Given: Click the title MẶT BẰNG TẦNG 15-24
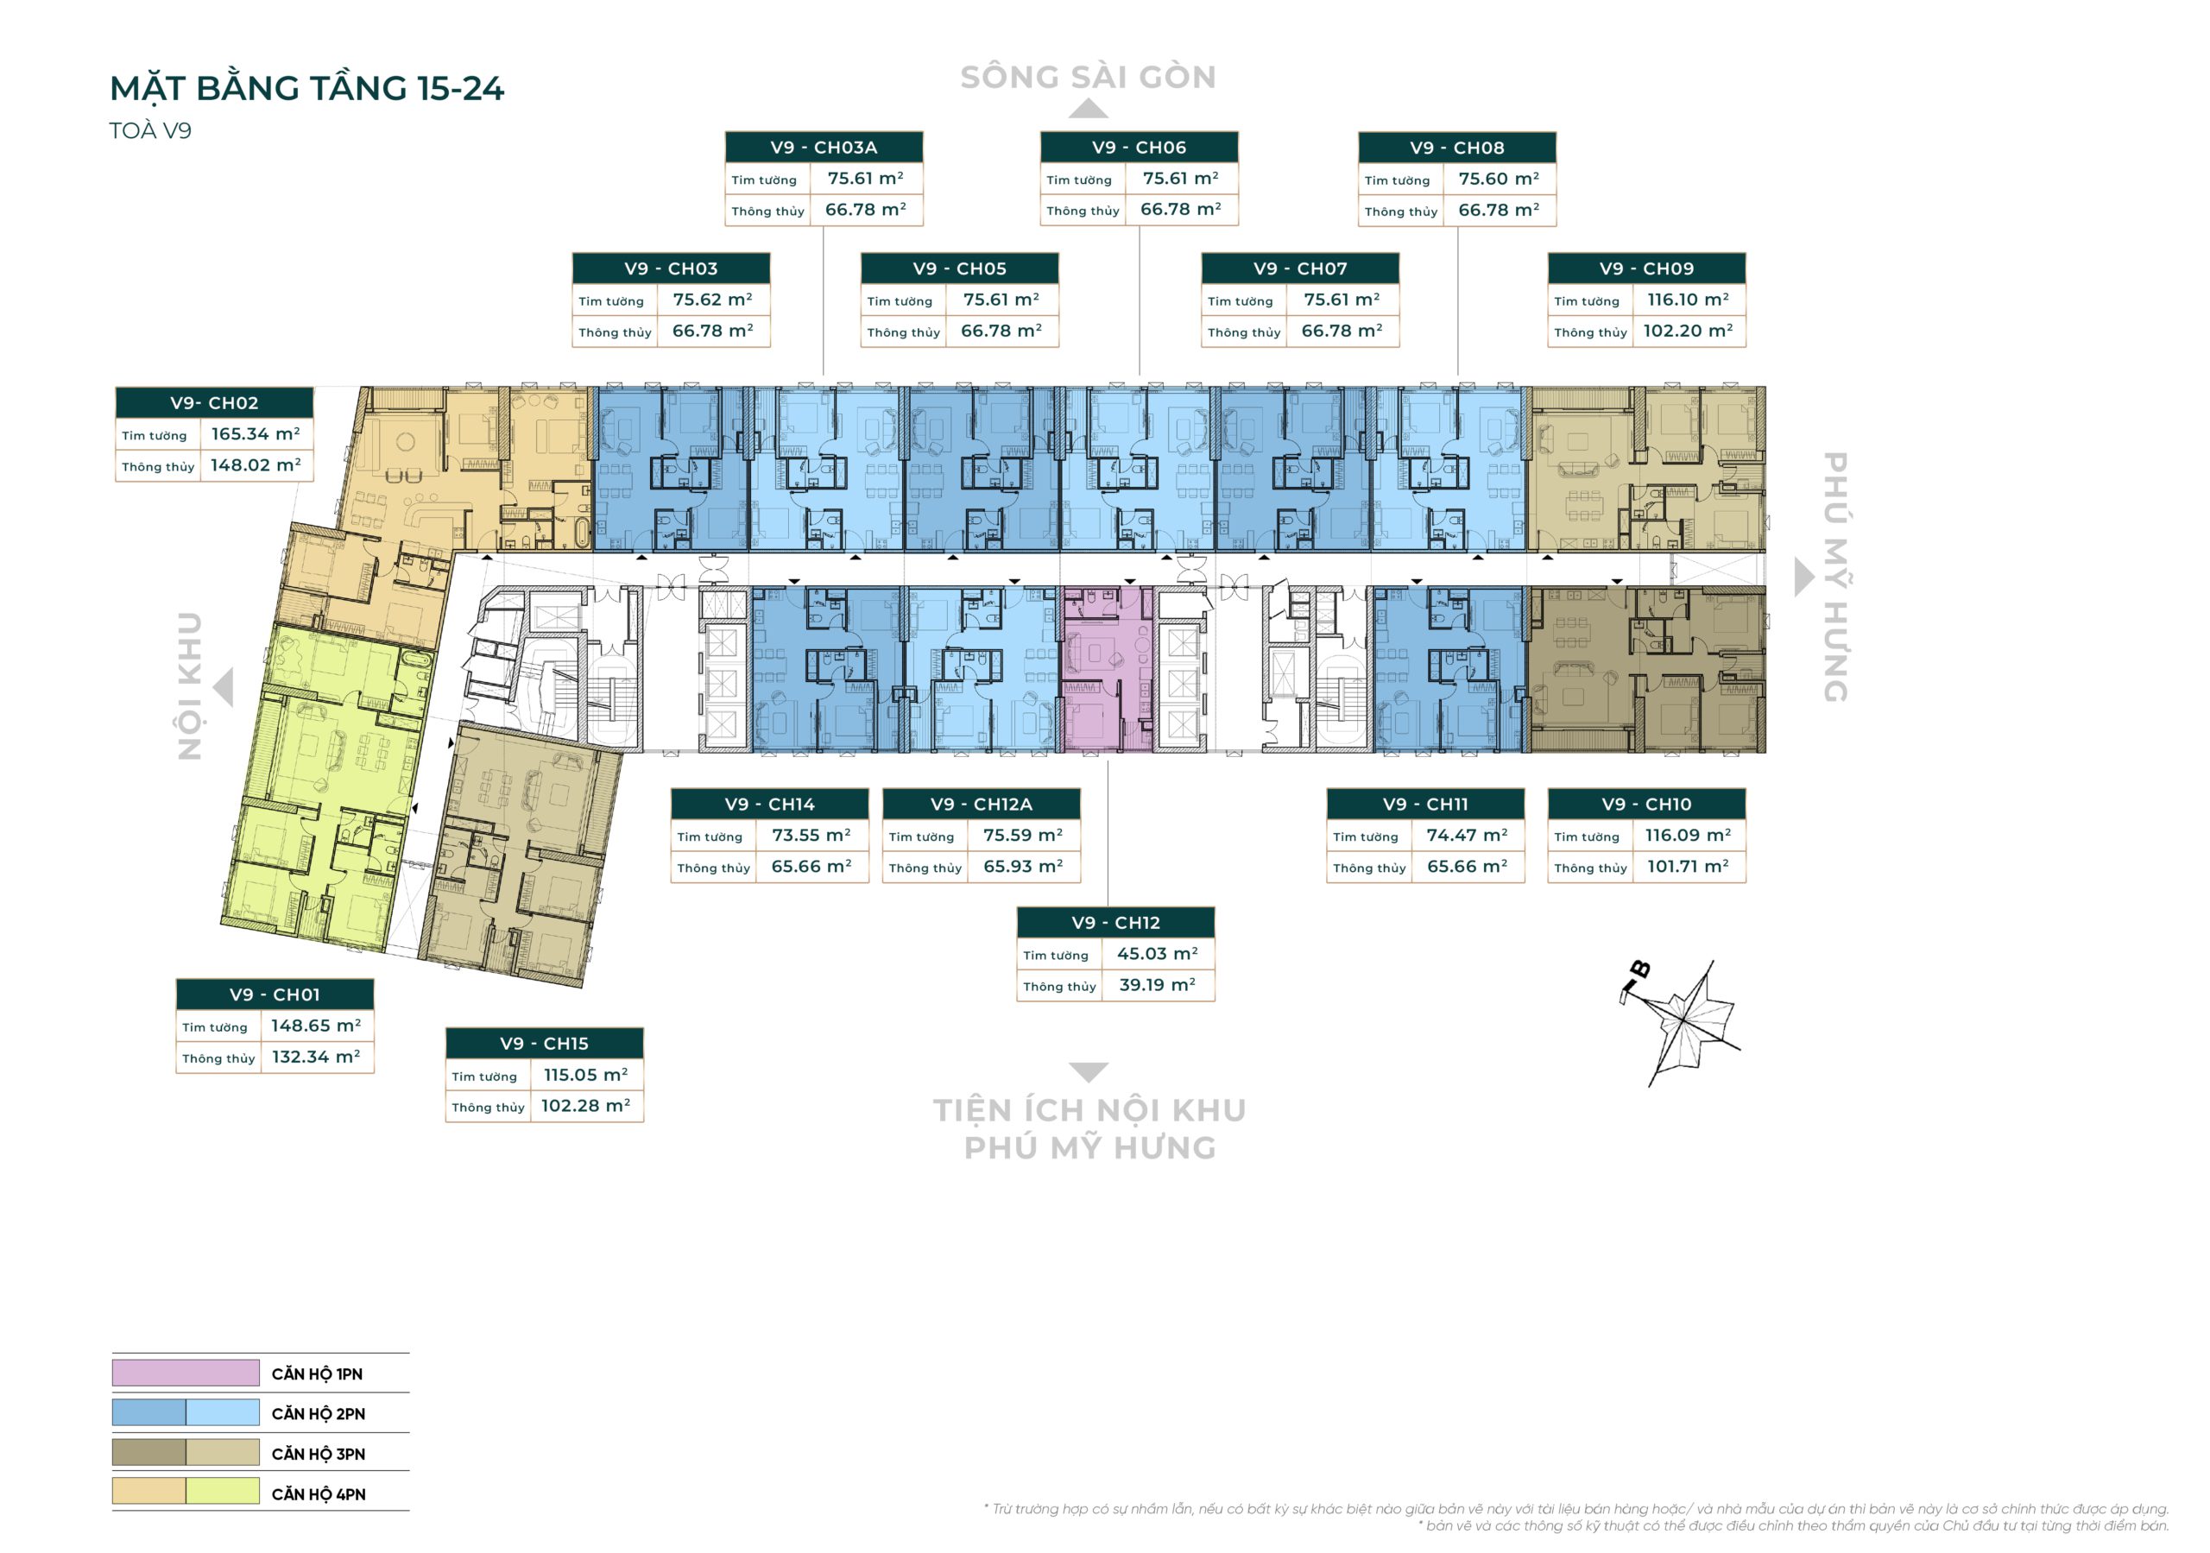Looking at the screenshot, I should tap(306, 89).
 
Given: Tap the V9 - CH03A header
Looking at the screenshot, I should tap(823, 148).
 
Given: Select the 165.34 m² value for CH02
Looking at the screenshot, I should tap(255, 434).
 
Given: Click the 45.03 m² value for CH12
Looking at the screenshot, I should tap(1157, 954).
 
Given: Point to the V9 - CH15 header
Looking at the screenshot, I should tap(544, 1044).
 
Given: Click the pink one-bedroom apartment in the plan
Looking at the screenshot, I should tap(1106, 669).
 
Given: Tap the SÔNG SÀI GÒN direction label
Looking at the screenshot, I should tap(1088, 77).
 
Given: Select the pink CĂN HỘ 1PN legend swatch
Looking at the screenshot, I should tap(185, 1373).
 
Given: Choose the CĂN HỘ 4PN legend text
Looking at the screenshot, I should tap(319, 1494).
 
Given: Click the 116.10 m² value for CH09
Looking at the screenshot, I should tap(1688, 300).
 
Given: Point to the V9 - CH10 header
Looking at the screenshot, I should tap(1646, 804).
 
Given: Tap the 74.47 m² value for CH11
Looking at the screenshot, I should tap(1467, 836).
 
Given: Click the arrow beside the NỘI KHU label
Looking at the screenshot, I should tap(224, 687).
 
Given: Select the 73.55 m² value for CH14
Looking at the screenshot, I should tap(811, 836).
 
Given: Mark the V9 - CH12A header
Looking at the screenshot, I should tap(981, 804).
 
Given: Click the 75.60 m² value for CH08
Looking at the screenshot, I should tap(1498, 179).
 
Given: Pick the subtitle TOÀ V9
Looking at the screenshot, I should tap(150, 131).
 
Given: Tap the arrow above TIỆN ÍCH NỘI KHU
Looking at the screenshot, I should tap(1089, 1071).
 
